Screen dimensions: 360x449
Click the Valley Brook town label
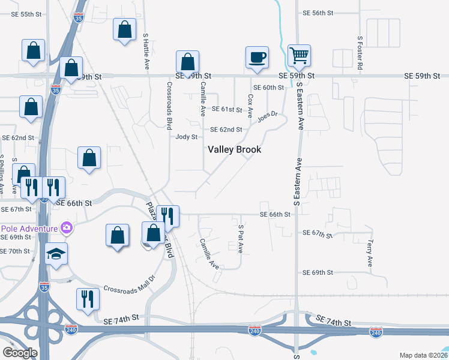coord(234,149)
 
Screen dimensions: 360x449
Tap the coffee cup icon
coord(257,58)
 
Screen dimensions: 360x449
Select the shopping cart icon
coord(298,56)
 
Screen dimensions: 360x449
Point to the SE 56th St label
coord(318,12)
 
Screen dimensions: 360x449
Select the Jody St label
coord(187,137)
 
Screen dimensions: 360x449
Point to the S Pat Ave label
coord(241,239)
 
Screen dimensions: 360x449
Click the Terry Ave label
coord(370,254)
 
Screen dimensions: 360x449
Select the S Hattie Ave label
coord(146,52)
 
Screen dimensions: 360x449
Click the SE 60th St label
coord(268,88)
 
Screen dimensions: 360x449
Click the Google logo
coord(20,353)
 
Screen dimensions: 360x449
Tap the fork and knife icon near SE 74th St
coord(88,298)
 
